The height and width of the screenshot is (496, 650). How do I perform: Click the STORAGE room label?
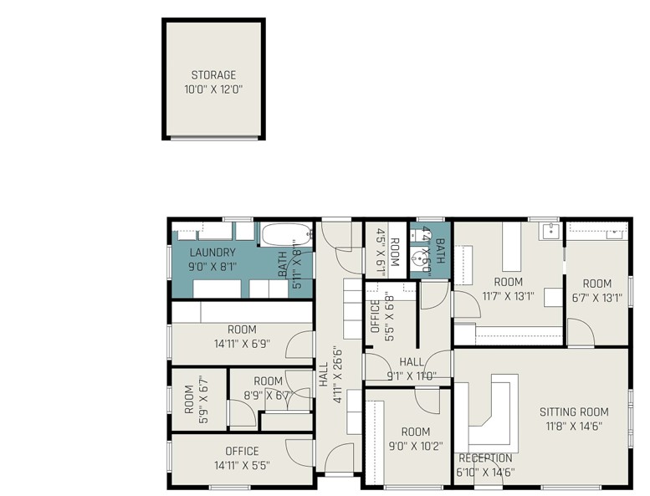coord(212,75)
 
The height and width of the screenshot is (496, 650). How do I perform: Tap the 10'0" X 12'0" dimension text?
coord(212,89)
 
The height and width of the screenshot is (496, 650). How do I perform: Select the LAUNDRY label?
coord(212,253)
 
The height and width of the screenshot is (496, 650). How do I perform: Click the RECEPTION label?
coord(485,458)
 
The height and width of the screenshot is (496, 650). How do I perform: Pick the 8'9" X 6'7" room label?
coord(268,389)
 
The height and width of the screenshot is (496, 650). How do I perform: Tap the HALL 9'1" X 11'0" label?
coord(411,368)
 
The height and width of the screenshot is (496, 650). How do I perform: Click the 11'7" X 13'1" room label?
coord(508,289)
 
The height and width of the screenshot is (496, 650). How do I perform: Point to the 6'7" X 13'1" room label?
coord(596,289)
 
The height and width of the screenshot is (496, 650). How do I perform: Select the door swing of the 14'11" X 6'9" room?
coord(299,346)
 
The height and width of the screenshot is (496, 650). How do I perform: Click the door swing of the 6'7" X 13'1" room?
coord(581,334)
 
